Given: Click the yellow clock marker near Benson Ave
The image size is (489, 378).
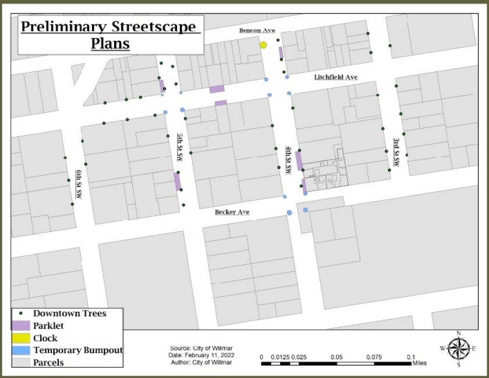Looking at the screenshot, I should pyautogui.click(x=263, y=45).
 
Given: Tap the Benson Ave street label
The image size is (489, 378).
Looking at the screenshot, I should pyautogui.click(x=257, y=30).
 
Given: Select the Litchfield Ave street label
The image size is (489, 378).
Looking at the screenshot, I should pyautogui.click(x=335, y=77).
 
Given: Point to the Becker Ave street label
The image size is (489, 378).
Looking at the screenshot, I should pyautogui.click(x=232, y=212).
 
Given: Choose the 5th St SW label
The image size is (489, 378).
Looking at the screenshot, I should pyautogui.click(x=179, y=147).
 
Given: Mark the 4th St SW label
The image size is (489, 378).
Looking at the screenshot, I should pyautogui.click(x=288, y=161).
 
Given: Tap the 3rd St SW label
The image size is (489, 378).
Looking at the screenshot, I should pyautogui.click(x=396, y=152).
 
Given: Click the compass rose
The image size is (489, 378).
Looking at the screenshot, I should pyautogui.click(x=459, y=349).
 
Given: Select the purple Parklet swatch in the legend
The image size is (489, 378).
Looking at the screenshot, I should pyautogui.click(x=22, y=326).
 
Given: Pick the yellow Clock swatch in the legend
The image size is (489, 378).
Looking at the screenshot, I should pyautogui.click(x=22, y=338).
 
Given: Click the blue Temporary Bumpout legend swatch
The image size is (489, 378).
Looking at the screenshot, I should pyautogui.click(x=22, y=350).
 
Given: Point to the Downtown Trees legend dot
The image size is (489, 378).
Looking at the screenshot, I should pyautogui.click(x=22, y=313).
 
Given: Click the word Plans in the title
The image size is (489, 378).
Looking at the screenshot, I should pyautogui.click(x=110, y=44).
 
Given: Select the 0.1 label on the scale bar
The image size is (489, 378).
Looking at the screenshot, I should pyautogui.click(x=411, y=356).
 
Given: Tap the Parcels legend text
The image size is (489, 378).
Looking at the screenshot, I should pyautogui.click(x=48, y=362).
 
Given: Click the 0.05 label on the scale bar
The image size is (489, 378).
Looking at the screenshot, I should pyautogui.click(x=336, y=356).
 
